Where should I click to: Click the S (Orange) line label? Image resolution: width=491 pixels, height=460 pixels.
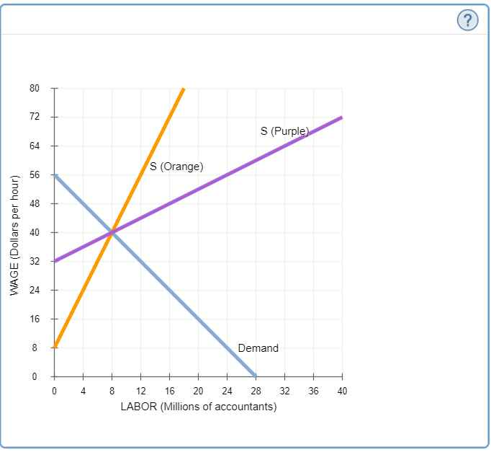(176, 167)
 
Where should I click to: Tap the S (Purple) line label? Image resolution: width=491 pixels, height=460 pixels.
(284, 131)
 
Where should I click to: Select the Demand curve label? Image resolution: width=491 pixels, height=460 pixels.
(258, 348)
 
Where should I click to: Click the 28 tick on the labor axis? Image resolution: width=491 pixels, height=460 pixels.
(256, 390)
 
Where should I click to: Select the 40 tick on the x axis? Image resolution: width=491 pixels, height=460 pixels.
(342, 390)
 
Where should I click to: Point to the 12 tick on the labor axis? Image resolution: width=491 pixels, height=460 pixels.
(140, 390)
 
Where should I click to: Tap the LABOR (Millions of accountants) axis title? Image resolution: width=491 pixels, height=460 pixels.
(198, 407)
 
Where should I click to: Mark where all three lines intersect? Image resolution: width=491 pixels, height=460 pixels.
(112, 232)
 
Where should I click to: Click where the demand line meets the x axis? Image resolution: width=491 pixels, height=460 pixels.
(256, 376)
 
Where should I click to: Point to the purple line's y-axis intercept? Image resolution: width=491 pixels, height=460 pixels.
(54, 261)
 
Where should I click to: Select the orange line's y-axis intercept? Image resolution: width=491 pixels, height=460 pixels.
(54, 348)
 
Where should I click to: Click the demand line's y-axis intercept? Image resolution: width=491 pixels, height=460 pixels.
(54, 174)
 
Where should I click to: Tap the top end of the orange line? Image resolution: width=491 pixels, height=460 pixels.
(184, 88)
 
